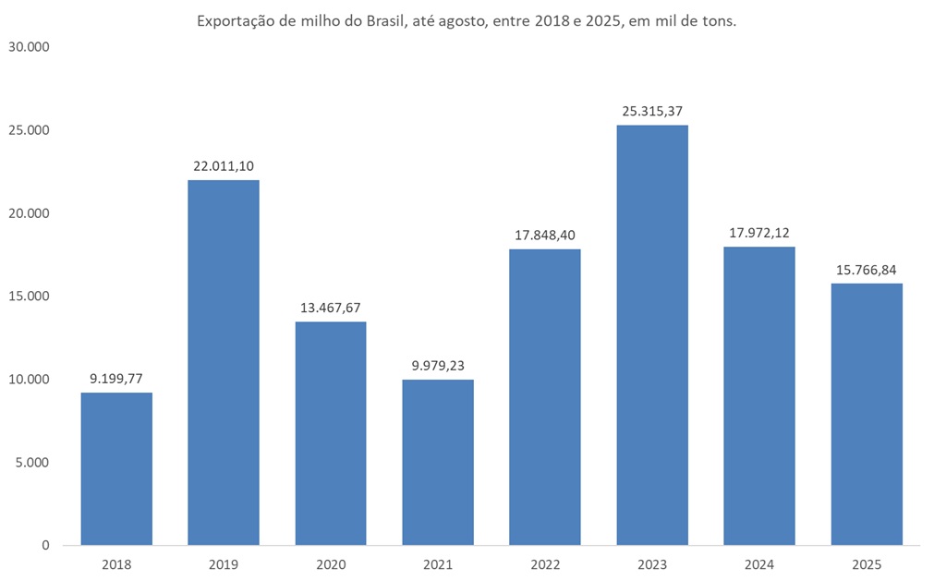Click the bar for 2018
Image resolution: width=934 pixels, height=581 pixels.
click(x=116, y=468)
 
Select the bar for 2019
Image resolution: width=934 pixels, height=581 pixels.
click(x=224, y=362)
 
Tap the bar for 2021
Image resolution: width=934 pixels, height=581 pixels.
click(x=438, y=462)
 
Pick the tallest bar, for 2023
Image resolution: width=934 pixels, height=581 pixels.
click(x=652, y=334)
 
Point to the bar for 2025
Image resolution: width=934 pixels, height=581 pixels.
click(x=867, y=414)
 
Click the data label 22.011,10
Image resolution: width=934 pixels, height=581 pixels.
click(x=224, y=165)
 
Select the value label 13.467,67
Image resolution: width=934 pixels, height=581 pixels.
click(x=331, y=308)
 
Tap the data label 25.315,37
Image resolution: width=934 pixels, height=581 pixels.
click(x=652, y=111)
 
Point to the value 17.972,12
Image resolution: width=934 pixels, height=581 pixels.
click(x=759, y=233)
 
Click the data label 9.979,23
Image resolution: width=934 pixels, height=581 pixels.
click(x=438, y=366)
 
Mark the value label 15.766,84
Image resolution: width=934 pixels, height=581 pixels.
click(x=867, y=270)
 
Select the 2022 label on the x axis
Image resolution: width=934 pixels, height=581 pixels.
click(x=545, y=564)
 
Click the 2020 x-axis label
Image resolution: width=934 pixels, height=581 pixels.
click(x=331, y=564)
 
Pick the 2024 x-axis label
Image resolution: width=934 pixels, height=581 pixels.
click(x=759, y=564)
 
